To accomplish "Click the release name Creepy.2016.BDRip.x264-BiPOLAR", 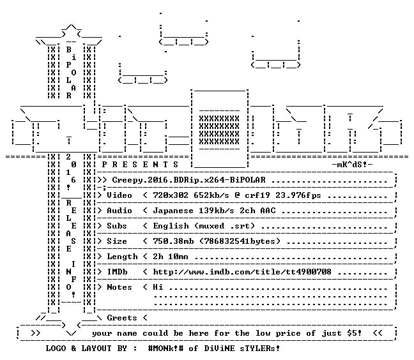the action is tap(188, 180).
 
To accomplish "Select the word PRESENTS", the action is tap(140, 165).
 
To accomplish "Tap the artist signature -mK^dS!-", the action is tap(352, 165).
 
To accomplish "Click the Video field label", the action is tap(119, 195).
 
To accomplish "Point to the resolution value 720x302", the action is tap(171, 195).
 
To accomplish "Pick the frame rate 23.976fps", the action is tap(298, 196).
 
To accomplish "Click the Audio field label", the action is tap(119, 211).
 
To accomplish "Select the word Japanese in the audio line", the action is tap(173, 211).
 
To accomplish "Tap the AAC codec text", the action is tap(268, 211).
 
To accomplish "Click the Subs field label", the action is tap(117, 226).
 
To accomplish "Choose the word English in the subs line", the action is tap(171, 227).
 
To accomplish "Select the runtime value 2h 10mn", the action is tap(171, 257).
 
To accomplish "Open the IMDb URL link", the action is tap(242, 272).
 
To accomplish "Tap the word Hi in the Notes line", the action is tap(158, 287).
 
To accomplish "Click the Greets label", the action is tap(122, 318).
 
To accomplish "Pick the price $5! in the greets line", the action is tap(355, 333).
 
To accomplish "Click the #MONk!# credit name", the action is tap(165, 349).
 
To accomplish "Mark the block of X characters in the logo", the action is tap(219, 130).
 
